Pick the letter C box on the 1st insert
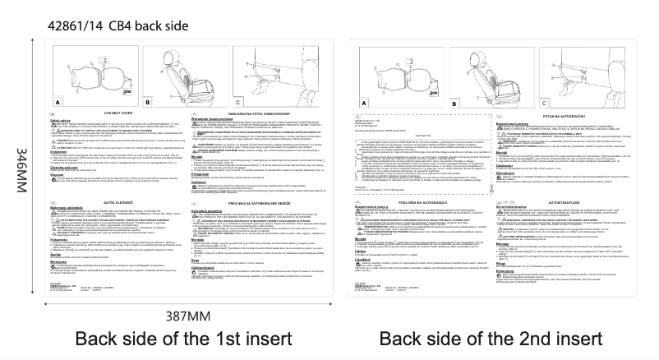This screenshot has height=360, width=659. click(223, 102)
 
